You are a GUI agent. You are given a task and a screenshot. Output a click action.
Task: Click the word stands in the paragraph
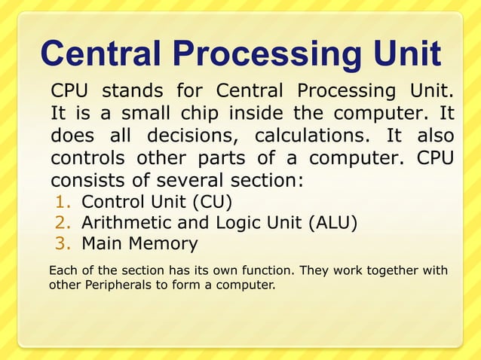pyautogui.click(x=133, y=92)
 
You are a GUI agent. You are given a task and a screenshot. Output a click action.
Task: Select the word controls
pyautogui.click(x=89, y=160)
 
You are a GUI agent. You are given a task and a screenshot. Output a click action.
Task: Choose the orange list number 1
pyautogui.click(x=63, y=203)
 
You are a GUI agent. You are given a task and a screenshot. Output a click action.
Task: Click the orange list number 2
pyautogui.click(x=63, y=223)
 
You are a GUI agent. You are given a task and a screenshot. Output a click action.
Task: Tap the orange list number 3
pyautogui.click(x=63, y=244)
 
